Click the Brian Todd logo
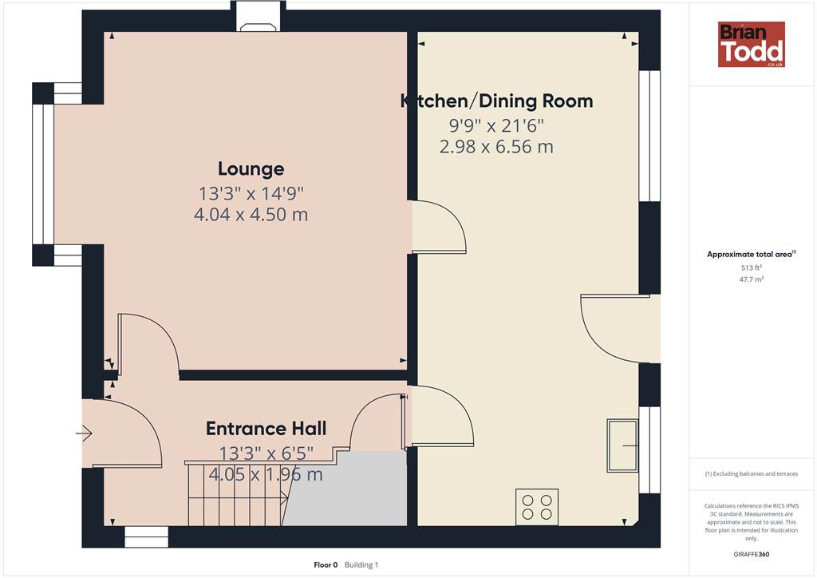point(752,44)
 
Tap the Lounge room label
point(251,169)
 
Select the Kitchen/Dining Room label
point(496,101)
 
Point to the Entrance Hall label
point(266,429)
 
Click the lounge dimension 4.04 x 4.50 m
point(251,214)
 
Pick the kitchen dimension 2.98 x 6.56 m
point(496,146)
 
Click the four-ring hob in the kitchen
point(537,507)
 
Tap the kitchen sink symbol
point(622,445)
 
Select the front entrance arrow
point(84,433)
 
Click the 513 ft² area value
point(752,267)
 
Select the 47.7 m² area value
point(752,279)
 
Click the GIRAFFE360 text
point(752,554)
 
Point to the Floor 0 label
point(326,565)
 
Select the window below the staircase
point(147,536)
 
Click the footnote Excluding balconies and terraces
point(752,473)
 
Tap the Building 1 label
point(361,565)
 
